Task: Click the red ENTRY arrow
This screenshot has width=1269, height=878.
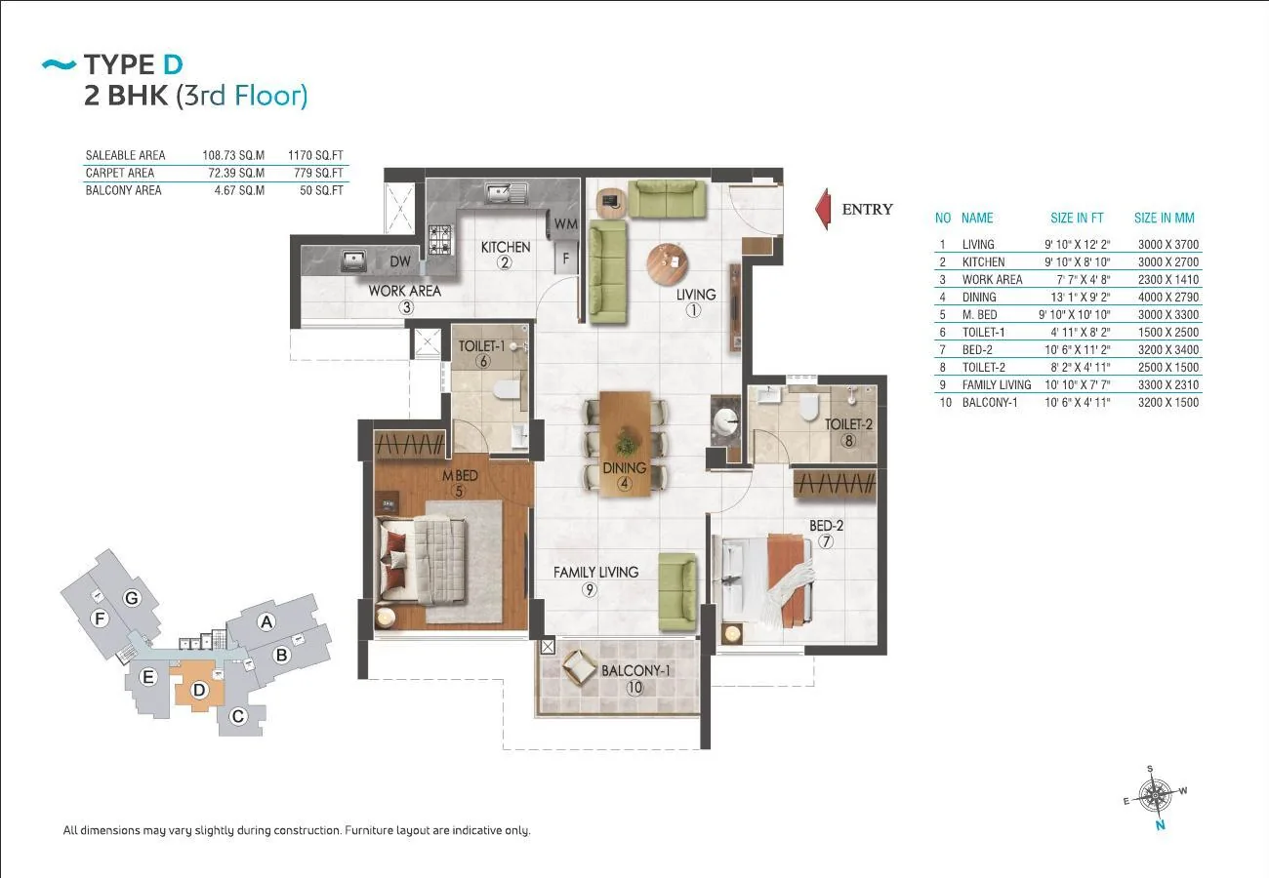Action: [x=823, y=209]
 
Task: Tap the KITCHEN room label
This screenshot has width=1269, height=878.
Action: [x=506, y=247]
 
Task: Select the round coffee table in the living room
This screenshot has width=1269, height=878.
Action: [x=668, y=263]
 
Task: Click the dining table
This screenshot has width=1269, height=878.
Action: [x=625, y=445]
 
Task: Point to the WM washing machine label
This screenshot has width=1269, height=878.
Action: [x=565, y=223]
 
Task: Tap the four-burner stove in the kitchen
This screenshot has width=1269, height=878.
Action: [x=440, y=240]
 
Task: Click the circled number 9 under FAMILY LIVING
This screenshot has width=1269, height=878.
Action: [x=590, y=590]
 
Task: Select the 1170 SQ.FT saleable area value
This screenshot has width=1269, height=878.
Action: [x=315, y=155]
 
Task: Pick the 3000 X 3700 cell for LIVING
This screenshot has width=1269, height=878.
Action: [x=1168, y=245]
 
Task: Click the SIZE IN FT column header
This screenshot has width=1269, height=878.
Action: [x=1077, y=218]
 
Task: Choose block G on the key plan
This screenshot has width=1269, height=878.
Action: [x=132, y=598]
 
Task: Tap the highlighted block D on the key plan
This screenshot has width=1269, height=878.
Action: [x=199, y=690]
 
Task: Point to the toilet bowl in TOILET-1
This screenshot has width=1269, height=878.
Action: [x=507, y=389]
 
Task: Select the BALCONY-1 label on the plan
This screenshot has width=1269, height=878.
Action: [x=635, y=671]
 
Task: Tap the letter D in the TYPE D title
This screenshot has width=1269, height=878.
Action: [x=174, y=64]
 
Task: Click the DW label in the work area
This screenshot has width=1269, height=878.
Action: [x=400, y=261]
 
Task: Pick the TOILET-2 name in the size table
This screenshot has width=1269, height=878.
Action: [x=984, y=368]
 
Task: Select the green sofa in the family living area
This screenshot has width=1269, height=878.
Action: [x=677, y=592]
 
